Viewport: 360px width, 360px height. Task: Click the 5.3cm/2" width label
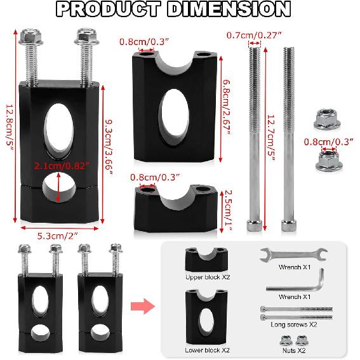(60, 236)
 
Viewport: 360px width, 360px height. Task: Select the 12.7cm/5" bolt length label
(272, 135)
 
